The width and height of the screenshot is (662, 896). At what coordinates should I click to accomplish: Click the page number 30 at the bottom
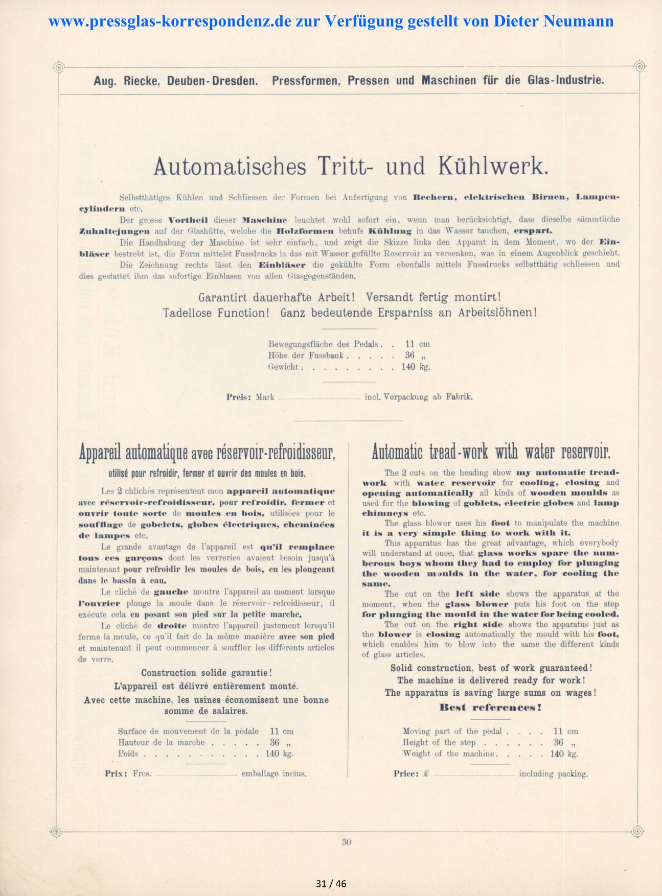point(346,842)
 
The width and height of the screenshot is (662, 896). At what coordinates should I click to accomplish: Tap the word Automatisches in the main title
point(230,167)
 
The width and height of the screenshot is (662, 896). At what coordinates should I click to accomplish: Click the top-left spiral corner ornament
point(58,67)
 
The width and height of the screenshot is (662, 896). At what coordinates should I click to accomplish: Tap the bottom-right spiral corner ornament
point(637,831)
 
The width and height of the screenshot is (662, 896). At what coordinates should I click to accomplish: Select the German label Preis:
point(239,397)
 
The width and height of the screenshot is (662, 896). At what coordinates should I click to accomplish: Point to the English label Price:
point(406,774)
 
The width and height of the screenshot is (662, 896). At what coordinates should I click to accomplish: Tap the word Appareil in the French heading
point(101,452)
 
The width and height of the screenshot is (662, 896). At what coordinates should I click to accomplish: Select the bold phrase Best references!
point(490,708)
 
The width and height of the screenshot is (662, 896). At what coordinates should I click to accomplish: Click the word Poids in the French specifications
point(128,754)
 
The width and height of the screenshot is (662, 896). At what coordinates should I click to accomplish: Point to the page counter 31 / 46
point(331,884)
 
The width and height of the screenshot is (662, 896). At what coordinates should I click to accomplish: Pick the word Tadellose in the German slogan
point(187,313)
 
